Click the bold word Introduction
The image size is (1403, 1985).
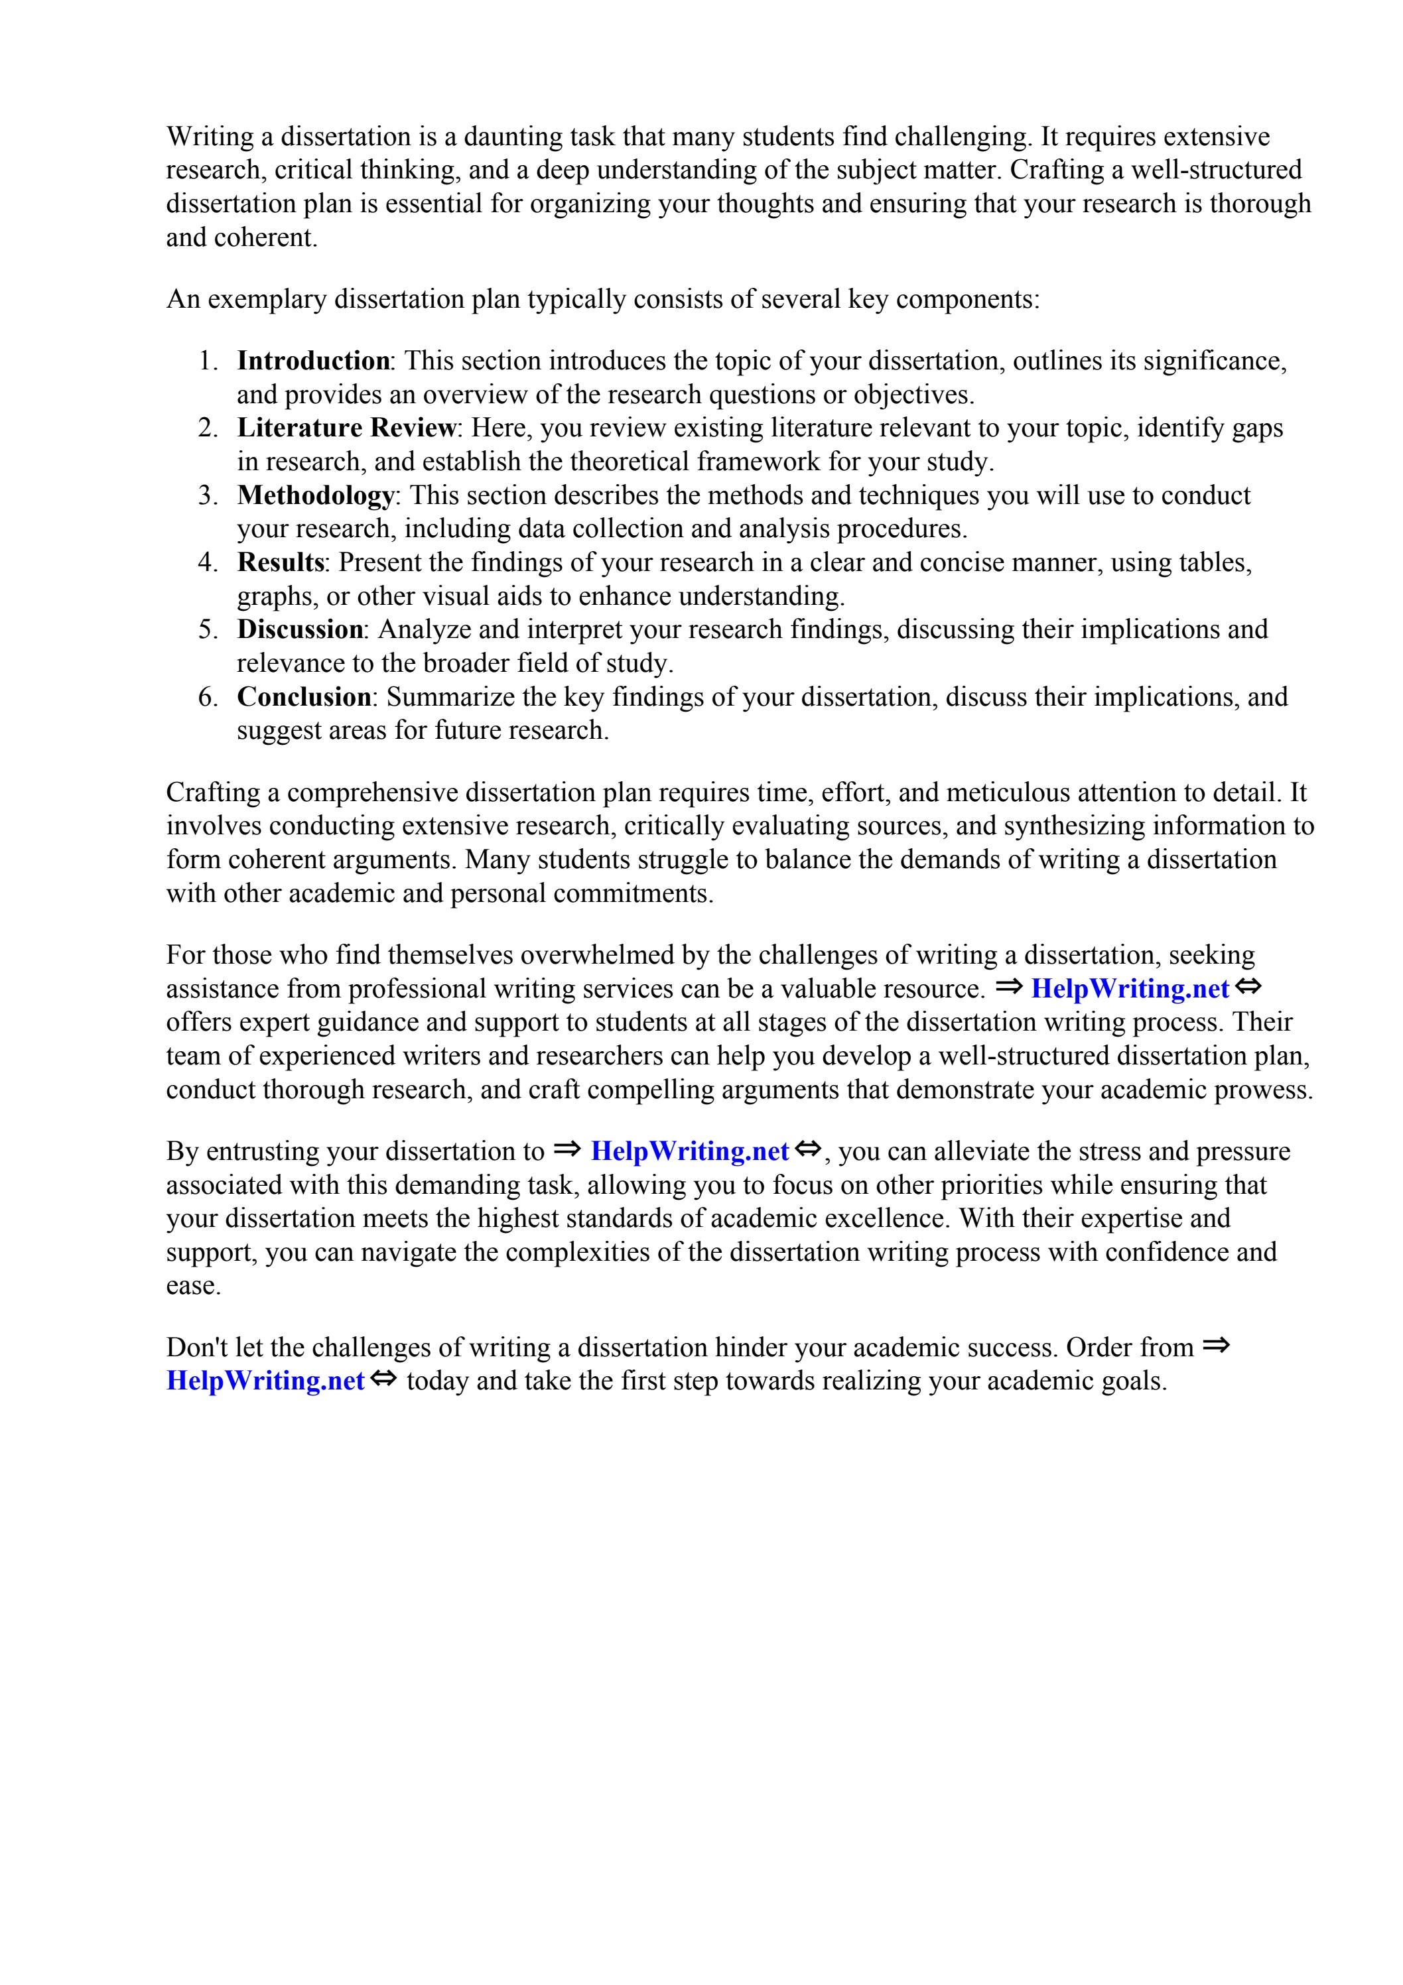coord(313,361)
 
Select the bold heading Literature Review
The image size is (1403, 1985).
coord(346,428)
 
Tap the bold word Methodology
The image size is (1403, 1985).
coord(315,495)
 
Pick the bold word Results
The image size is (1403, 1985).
coord(280,563)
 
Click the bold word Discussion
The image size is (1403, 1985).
coord(300,629)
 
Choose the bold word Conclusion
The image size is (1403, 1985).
coord(304,697)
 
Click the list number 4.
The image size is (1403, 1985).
coord(208,563)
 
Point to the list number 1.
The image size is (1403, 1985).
coord(208,361)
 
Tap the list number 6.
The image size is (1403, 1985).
coord(208,697)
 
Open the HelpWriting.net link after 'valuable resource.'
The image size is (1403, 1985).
coord(1129,988)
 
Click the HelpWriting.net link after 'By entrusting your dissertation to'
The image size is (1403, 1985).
coord(689,1151)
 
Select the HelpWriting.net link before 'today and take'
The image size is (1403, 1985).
coord(265,1381)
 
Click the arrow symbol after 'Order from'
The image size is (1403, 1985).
coord(1215,1345)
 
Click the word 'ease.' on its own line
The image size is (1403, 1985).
coord(194,1285)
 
